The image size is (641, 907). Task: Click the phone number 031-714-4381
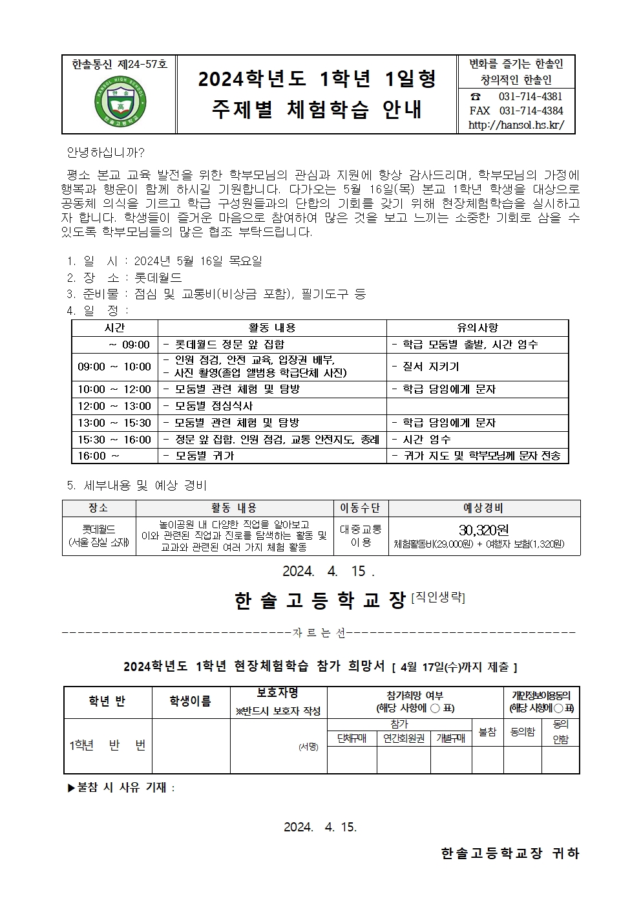pyautogui.click(x=530, y=96)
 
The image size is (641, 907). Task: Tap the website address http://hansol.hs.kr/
pyautogui.click(x=515, y=125)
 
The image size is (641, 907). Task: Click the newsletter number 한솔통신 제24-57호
pyautogui.click(x=120, y=63)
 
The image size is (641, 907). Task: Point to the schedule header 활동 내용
pyautogui.click(x=272, y=328)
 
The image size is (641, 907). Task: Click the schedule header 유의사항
pyautogui.click(x=477, y=328)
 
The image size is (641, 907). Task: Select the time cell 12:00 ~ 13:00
pyautogui.click(x=114, y=406)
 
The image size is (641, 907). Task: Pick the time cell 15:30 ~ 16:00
pyautogui.click(x=114, y=440)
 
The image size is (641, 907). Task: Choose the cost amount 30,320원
pyautogui.click(x=483, y=530)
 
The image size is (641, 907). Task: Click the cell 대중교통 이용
pyautogui.click(x=361, y=536)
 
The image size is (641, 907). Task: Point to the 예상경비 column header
pyautogui.click(x=483, y=508)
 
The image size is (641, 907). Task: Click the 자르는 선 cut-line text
pyautogui.click(x=319, y=633)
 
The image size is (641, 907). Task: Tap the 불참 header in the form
pyautogui.click(x=487, y=732)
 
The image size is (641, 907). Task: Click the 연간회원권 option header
pyautogui.click(x=404, y=738)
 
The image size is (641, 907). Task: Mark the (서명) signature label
pyautogui.click(x=308, y=746)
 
